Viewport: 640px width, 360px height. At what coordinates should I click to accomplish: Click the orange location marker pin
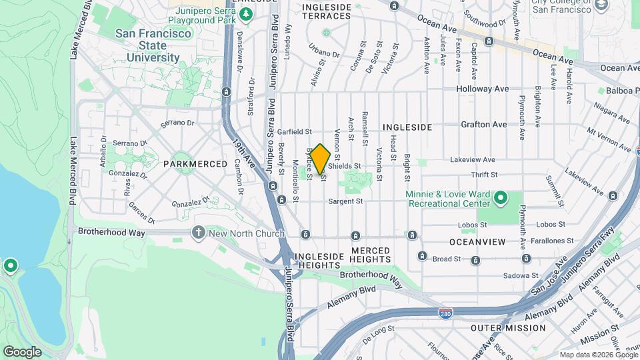[321, 159]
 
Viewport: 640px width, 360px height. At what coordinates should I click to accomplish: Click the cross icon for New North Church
[197, 233]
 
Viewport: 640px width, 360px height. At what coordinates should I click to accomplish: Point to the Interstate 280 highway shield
[446, 312]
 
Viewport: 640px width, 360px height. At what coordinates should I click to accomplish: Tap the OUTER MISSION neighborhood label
[507, 328]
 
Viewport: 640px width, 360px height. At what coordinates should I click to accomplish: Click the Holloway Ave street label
[483, 89]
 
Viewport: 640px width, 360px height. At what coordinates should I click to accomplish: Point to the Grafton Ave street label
[484, 125]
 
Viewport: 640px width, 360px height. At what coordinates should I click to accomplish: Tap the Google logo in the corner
[22, 351]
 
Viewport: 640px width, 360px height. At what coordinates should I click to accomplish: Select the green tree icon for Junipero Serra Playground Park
[246, 14]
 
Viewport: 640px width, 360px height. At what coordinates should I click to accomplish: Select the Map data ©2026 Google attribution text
[597, 355]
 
